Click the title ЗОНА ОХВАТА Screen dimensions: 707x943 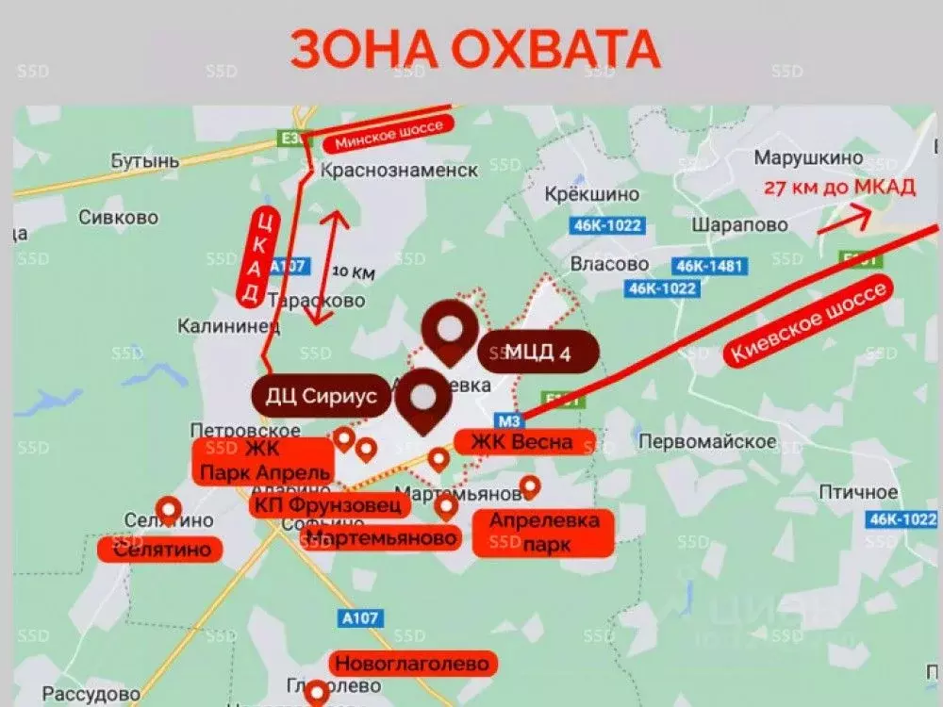point(474,49)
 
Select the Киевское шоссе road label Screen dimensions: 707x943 point(807,323)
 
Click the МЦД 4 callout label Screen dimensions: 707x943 point(538,353)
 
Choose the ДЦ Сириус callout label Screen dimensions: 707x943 point(321,396)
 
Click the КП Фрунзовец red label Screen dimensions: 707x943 point(330,505)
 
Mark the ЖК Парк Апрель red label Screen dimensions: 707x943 point(262,461)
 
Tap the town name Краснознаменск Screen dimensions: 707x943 point(399,171)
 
